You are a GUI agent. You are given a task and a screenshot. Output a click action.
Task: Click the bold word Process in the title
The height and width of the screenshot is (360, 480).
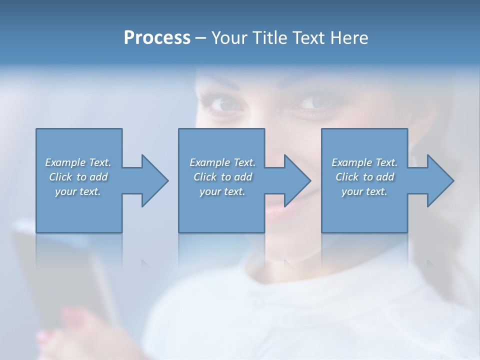157,38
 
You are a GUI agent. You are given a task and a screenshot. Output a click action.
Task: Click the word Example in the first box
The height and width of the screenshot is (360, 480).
65,162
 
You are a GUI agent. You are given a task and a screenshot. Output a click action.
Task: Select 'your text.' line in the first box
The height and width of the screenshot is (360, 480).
78,191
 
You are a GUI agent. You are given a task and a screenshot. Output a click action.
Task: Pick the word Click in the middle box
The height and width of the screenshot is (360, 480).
204,177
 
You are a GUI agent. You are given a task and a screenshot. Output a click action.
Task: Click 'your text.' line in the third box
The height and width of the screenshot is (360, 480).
364,191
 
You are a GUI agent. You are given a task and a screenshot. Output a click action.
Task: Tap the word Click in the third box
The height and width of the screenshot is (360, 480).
347,177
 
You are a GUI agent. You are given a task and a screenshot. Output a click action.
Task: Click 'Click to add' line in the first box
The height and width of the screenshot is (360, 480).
78,177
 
